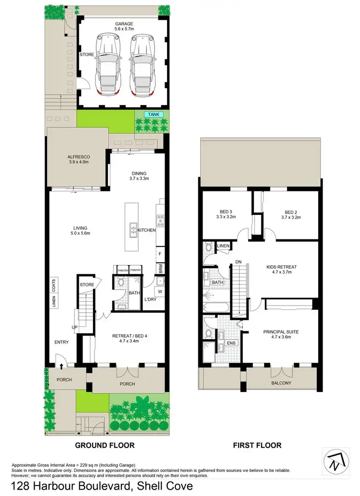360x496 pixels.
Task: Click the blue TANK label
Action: tap(154, 114)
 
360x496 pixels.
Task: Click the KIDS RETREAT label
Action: tap(282, 270)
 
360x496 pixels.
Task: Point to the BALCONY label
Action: tap(281, 383)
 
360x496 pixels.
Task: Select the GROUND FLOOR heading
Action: tap(105, 445)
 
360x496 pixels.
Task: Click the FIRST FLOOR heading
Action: tap(257, 445)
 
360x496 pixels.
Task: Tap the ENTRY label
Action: tap(61, 342)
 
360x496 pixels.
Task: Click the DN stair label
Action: tap(238, 262)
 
